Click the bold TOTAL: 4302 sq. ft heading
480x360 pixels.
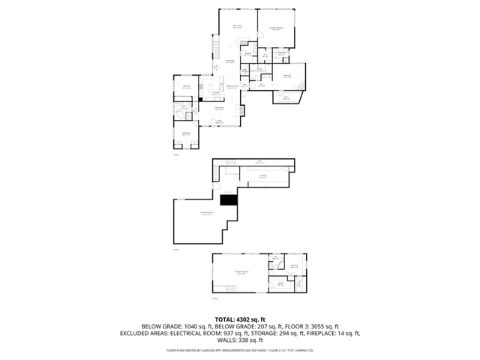click(239, 319)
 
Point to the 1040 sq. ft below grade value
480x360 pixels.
click(189, 326)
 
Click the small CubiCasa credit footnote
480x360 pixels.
click(239, 349)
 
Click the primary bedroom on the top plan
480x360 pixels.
click(276, 28)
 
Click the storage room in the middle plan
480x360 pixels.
click(263, 175)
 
